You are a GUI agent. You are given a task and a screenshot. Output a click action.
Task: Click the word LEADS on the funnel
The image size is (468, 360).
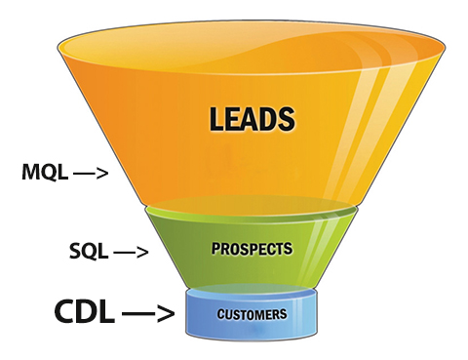click(252, 120)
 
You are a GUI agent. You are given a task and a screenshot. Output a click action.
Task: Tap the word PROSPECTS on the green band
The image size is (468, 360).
click(252, 249)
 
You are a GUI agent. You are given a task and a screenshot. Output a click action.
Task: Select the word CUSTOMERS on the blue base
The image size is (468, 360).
click(252, 314)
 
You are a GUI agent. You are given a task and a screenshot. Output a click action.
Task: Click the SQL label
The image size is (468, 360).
click(89, 252)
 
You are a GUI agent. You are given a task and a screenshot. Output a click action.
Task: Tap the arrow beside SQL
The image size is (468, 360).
click(131, 253)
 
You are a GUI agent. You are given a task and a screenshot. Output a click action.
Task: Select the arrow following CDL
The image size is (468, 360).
click(148, 314)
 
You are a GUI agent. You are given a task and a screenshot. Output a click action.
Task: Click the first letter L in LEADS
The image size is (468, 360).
click(216, 120)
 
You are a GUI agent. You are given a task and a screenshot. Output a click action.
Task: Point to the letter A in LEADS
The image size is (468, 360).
click(252, 120)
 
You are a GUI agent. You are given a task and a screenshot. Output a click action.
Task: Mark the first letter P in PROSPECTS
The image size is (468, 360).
click(215, 249)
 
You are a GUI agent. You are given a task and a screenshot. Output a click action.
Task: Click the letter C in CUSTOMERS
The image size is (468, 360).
click(219, 314)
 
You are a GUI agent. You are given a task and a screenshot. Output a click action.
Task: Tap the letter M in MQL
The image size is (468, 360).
click(30, 175)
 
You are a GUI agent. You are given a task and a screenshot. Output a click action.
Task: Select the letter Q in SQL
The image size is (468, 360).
click(89, 252)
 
